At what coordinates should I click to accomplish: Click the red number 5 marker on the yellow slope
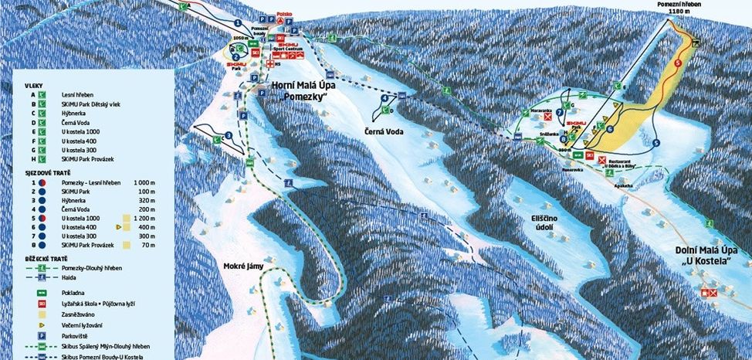click(x=678, y=62)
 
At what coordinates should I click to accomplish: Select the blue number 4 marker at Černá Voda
click(x=384, y=98)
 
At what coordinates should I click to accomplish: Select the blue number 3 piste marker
click(x=229, y=137)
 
